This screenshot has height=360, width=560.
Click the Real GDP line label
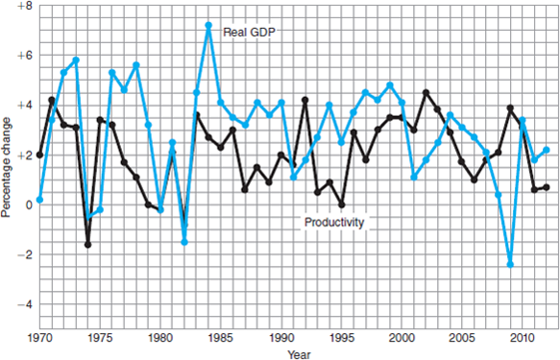(x=249, y=32)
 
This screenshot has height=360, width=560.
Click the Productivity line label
(x=333, y=222)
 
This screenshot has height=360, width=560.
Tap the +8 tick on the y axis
(x=21, y=6)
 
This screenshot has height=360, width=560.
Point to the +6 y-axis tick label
(x=21, y=56)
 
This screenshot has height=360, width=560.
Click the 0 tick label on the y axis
(x=28, y=204)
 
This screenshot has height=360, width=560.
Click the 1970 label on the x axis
(x=39, y=339)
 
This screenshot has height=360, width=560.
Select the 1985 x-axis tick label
(x=221, y=339)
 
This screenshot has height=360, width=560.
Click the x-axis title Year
(x=298, y=353)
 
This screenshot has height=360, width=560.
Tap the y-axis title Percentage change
(x=7, y=169)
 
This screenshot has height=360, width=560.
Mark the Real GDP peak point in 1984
(x=208, y=25)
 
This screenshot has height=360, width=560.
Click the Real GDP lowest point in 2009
(x=510, y=264)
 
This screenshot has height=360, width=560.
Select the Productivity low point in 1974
(x=87, y=245)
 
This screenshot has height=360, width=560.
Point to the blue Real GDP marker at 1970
(x=39, y=200)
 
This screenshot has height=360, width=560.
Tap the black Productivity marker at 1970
(x=39, y=155)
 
